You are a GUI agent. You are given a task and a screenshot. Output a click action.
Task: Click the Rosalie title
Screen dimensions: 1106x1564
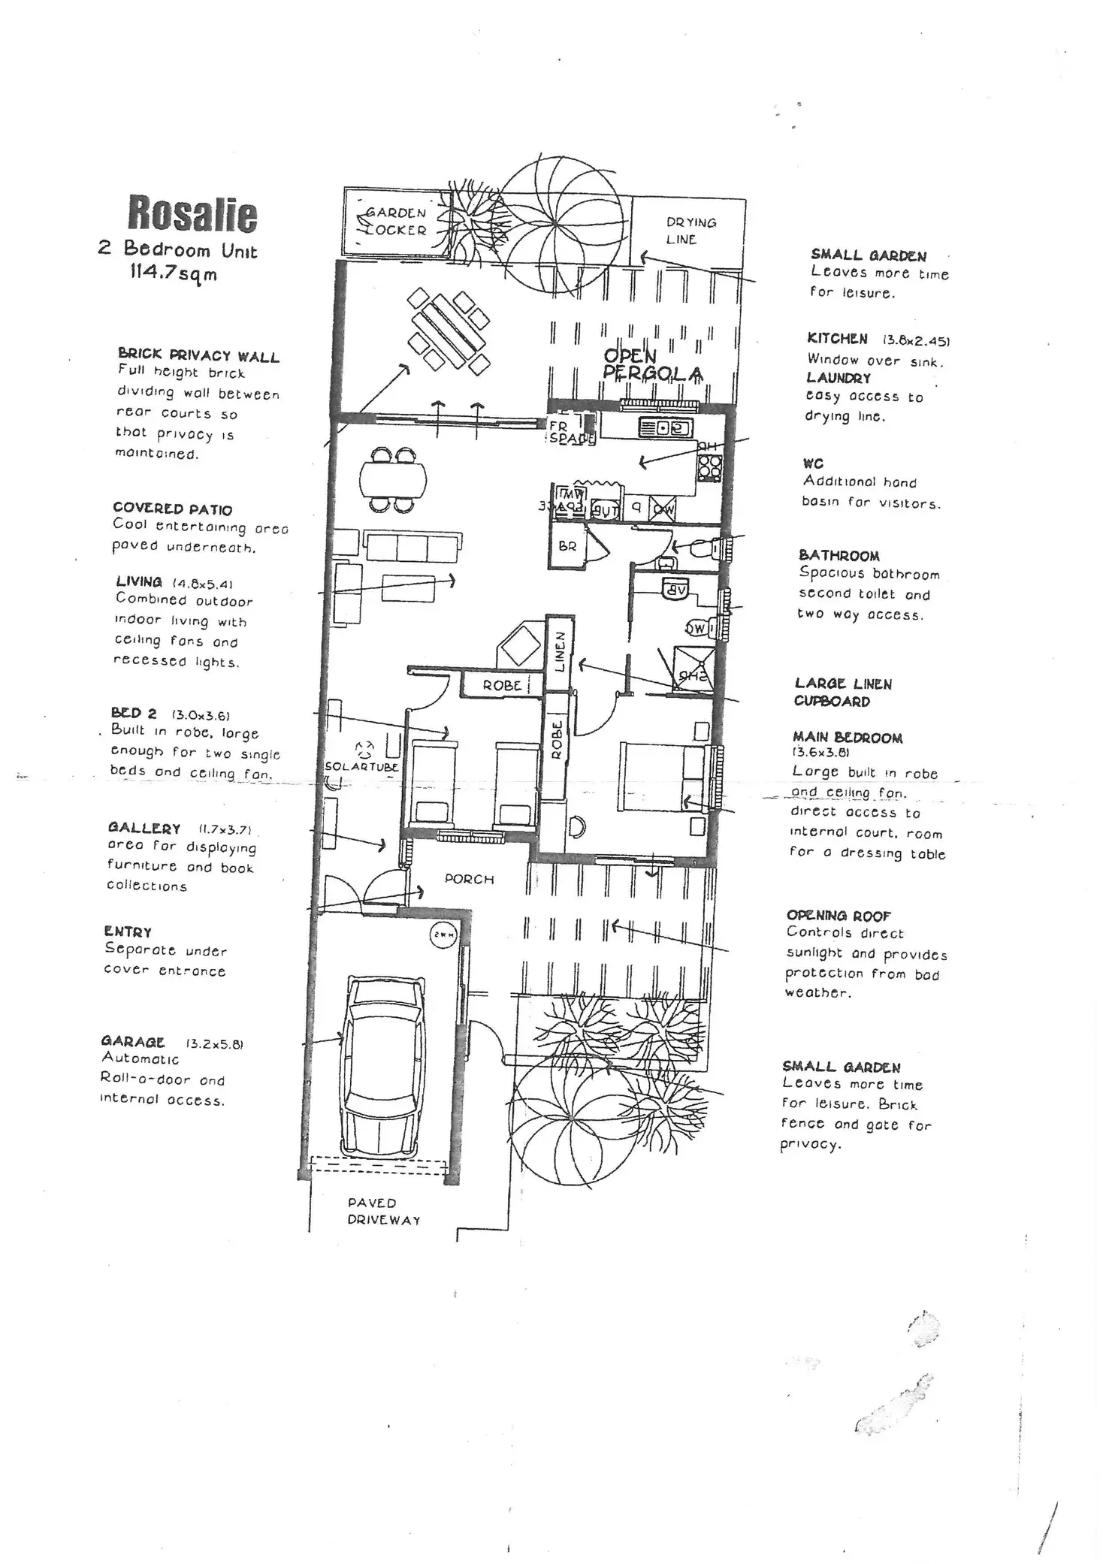click(192, 213)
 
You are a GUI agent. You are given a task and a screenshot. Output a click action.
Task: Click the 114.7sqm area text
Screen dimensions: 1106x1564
click(174, 273)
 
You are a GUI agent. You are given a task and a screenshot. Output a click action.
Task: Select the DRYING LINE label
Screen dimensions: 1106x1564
click(690, 231)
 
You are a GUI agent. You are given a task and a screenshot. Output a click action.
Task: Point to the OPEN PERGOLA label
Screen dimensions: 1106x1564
click(652, 365)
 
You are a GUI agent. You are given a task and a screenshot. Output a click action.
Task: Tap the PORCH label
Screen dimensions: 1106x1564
click(469, 879)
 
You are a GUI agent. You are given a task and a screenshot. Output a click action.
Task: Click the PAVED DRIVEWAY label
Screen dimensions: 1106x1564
click(383, 1211)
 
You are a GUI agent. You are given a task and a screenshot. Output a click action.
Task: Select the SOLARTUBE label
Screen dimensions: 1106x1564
click(361, 767)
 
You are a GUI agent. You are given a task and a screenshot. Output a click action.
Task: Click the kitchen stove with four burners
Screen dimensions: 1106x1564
click(709, 467)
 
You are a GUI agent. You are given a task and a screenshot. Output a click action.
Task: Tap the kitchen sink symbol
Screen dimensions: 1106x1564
click(665, 428)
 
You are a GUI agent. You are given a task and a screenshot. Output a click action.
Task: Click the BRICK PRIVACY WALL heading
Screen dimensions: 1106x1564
click(198, 355)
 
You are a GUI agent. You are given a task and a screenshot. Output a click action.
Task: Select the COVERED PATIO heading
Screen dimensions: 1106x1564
click(172, 509)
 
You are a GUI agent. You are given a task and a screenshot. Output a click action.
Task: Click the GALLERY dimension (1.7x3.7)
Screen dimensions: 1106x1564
click(225, 830)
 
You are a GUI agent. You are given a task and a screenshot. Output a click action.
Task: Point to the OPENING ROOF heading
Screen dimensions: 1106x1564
click(838, 916)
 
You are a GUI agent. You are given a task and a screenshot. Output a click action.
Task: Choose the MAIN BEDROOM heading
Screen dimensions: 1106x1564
click(847, 738)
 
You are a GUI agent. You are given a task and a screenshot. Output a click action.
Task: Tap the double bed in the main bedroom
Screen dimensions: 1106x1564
click(661, 777)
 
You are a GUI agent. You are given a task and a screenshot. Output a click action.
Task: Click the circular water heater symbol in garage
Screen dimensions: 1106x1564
click(442, 936)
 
